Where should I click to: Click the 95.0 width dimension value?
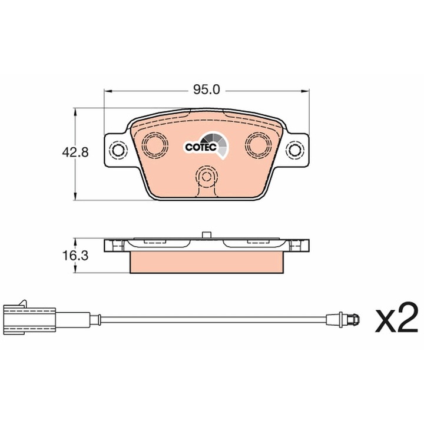207,90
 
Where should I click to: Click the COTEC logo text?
201,147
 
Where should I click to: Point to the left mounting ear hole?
118,150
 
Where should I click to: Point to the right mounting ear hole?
295,150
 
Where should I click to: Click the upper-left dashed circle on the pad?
155,144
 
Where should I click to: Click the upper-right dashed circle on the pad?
259,144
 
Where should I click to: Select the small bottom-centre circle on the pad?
207,176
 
